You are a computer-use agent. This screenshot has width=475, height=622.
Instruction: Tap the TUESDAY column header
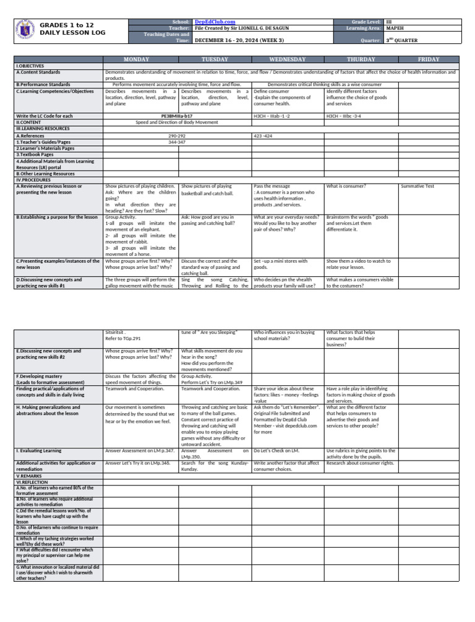coord(215,59)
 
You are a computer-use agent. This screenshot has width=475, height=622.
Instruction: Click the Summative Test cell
coord(417,186)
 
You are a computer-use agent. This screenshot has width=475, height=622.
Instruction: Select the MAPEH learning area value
coord(395,28)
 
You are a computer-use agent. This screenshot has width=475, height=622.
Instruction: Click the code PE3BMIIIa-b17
coord(177,116)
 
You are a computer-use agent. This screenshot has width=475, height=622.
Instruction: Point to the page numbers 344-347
coord(177,142)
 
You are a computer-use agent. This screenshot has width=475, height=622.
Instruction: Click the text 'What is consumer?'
coord(346,186)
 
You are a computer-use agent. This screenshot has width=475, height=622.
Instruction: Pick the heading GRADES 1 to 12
coord(66,25)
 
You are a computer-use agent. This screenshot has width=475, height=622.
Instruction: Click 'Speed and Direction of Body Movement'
coord(177,122)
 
